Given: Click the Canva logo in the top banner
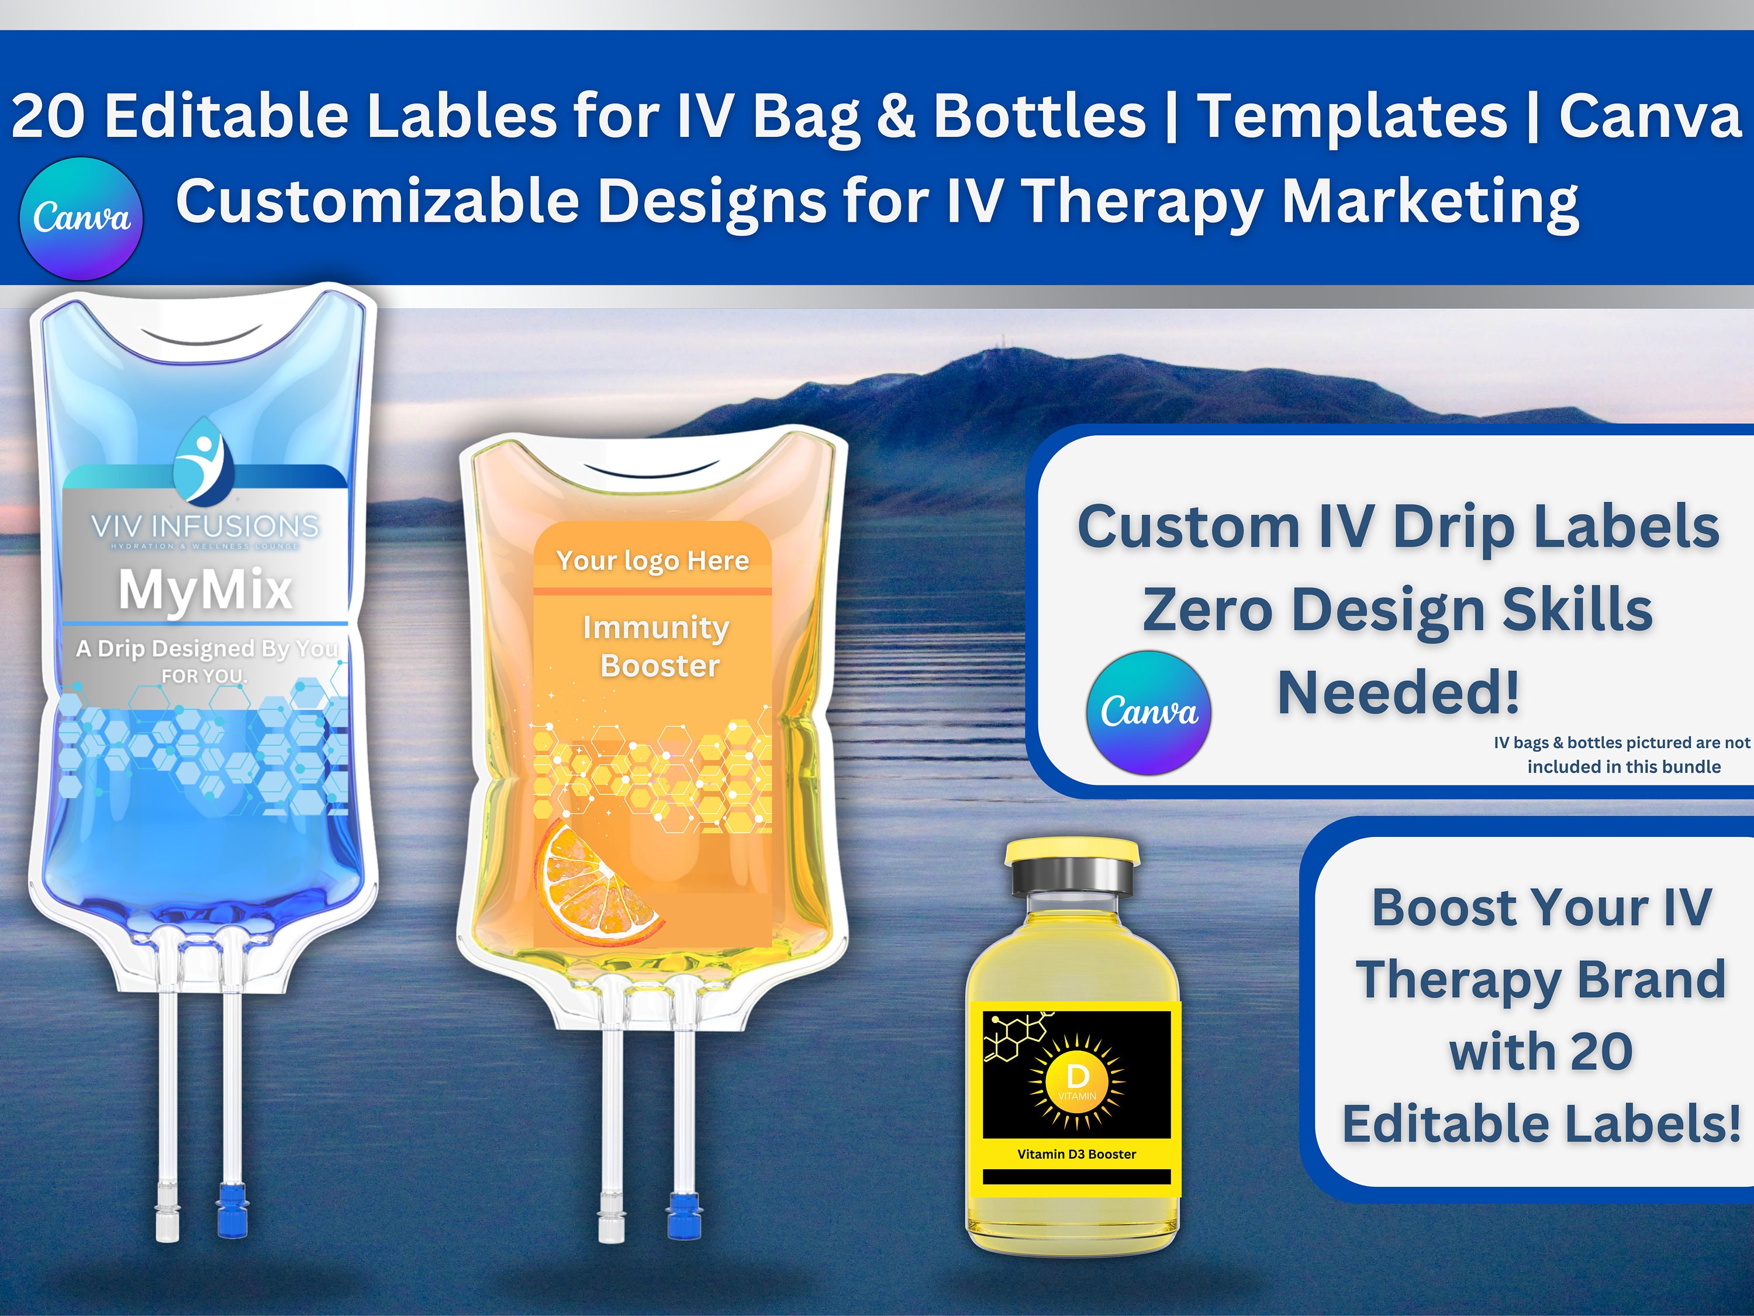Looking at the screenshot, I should tap(81, 218).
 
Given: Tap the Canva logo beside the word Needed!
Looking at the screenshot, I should tap(1148, 712).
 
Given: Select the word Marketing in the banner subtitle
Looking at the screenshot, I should tap(1430, 201).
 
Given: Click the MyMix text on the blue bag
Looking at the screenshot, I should tap(205, 590).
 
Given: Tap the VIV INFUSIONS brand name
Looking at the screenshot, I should tap(205, 526).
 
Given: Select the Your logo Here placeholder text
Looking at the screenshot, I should tap(652, 560).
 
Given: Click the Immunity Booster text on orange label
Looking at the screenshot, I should tap(657, 646).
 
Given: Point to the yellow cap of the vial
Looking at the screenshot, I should tap(1071, 853).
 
